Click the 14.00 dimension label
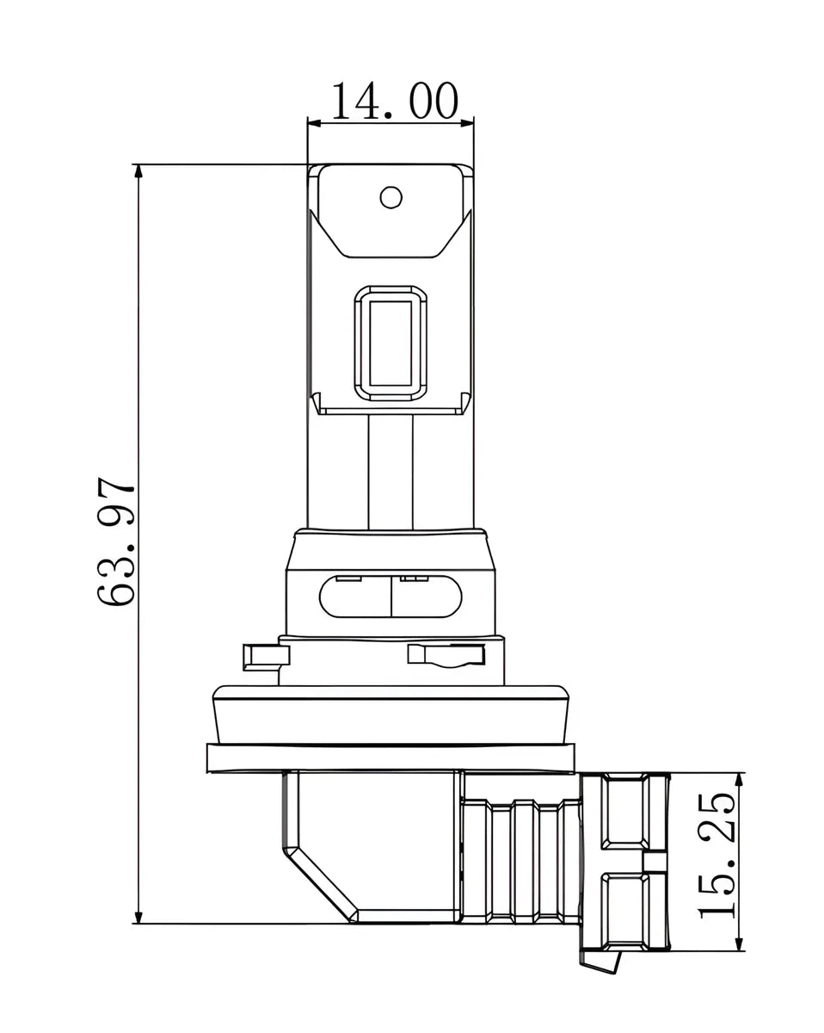(395, 101)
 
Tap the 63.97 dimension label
(115, 541)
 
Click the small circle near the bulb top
(390, 197)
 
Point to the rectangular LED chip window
(390, 343)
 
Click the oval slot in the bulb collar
(390, 597)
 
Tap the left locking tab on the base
(266, 657)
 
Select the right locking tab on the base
(446, 655)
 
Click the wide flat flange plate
(390, 758)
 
